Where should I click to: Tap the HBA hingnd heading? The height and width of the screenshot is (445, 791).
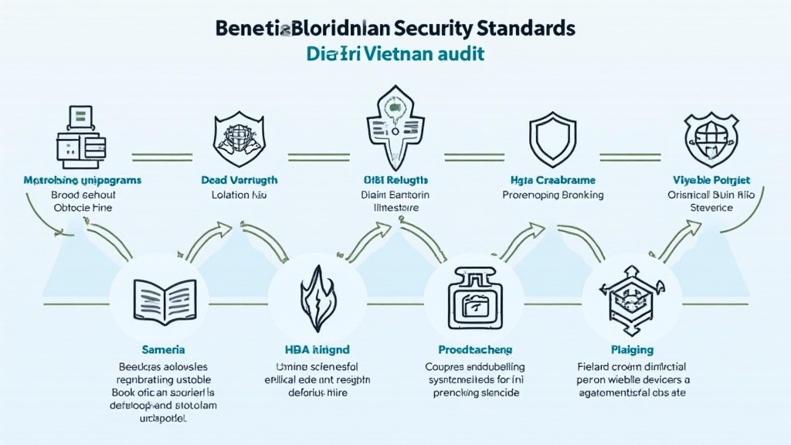tap(317, 350)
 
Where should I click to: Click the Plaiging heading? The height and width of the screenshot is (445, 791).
tap(632, 350)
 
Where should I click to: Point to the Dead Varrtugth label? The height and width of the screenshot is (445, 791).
tap(239, 179)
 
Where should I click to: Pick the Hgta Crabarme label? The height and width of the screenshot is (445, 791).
tap(552, 179)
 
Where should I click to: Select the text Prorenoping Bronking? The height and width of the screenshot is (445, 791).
tap(552, 195)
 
